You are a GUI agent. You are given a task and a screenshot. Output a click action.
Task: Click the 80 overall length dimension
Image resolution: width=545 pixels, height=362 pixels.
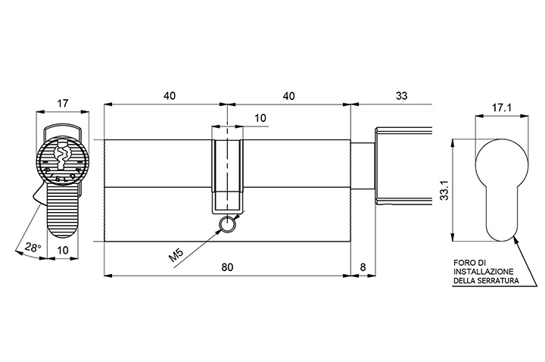[227, 267]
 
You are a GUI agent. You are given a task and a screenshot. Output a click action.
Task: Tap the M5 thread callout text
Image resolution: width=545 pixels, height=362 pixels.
[176, 255]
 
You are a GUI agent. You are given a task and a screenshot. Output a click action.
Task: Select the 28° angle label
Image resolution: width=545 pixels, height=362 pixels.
[33, 248]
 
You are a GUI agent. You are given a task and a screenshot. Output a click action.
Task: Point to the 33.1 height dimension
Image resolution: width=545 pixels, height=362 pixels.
[444, 189]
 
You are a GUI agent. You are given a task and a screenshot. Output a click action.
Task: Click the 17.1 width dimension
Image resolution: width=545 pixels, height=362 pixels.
[501, 108]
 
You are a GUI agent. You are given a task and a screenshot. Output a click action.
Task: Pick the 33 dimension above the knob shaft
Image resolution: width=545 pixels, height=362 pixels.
[401, 95]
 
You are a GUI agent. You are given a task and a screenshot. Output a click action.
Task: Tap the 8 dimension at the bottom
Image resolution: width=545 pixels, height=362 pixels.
[363, 267]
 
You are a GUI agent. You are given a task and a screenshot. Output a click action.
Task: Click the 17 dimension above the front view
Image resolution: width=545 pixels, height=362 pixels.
[63, 103]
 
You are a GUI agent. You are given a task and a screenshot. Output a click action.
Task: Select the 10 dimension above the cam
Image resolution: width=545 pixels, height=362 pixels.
[260, 118]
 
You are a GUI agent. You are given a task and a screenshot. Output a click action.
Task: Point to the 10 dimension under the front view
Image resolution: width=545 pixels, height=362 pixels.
[63, 250]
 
